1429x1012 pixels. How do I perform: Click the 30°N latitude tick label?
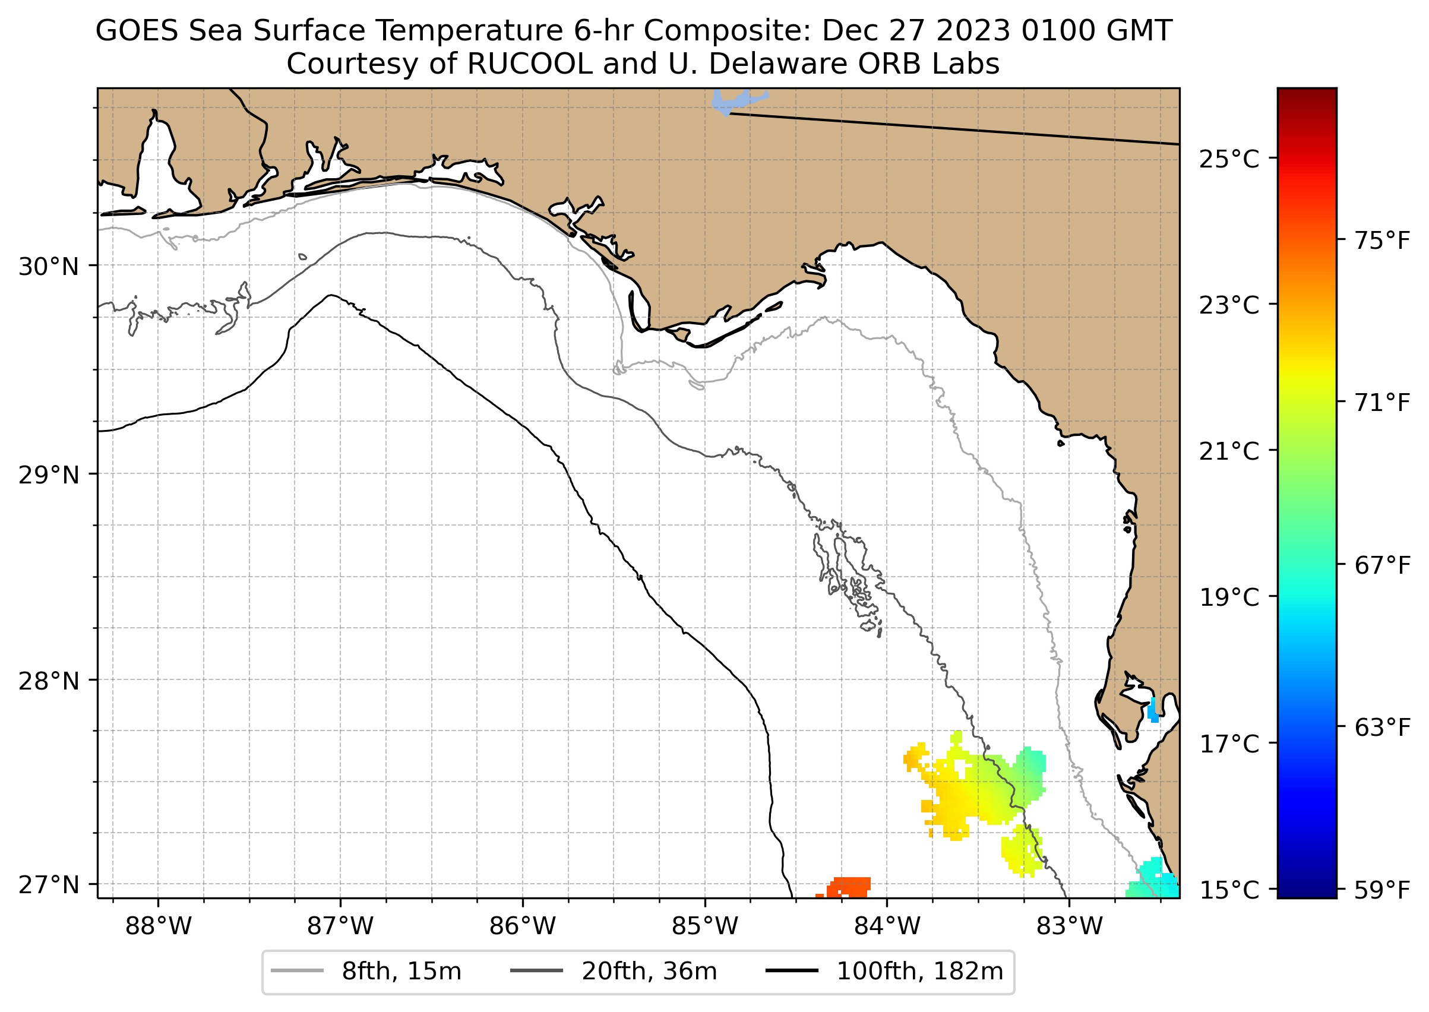[x=49, y=267]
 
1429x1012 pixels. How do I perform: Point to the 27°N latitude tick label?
[x=49, y=885]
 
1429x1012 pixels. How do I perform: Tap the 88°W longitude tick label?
[x=159, y=926]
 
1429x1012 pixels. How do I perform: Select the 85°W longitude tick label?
[x=705, y=926]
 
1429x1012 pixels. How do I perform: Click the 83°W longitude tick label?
[x=1070, y=926]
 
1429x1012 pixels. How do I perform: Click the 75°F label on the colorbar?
[x=1382, y=241]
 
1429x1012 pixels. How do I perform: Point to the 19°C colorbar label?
[x=1229, y=597]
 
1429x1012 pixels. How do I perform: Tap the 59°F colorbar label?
[x=1382, y=890]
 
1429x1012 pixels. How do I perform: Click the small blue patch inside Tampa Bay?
[x=1153, y=711]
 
